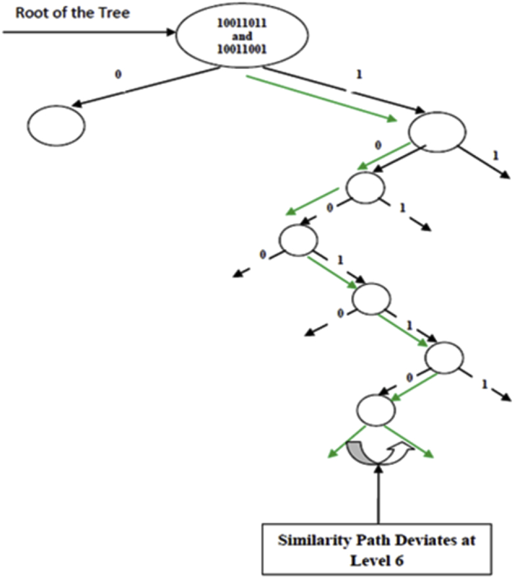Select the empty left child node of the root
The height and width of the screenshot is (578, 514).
tap(57, 125)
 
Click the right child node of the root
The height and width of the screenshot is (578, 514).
tap(437, 132)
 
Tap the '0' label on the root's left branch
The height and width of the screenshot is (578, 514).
tap(118, 74)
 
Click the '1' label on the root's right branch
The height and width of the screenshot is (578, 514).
tap(359, 74)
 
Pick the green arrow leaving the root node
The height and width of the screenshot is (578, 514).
tap(322, 99)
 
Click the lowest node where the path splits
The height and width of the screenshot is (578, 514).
tap(376, 411)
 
